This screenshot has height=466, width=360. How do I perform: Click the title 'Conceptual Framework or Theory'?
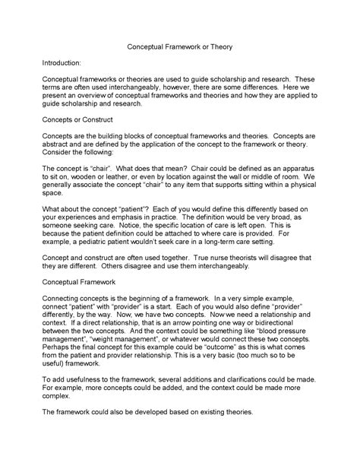(179, 47)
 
